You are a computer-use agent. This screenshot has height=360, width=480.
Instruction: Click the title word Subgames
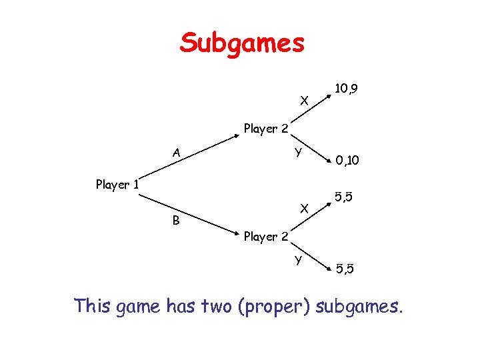(242, 44)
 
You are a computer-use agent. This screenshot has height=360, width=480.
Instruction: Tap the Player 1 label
(117, 184)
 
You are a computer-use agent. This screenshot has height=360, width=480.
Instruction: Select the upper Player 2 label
(266, 128)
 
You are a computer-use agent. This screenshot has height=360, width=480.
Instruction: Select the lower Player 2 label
(266, 236)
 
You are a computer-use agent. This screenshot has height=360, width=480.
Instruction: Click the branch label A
(176, 152)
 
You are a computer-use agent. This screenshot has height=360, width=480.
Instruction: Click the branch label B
(176, 221)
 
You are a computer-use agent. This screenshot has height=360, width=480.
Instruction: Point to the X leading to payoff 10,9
(304, 101)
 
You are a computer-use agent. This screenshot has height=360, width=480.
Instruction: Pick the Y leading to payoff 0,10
(300, 152)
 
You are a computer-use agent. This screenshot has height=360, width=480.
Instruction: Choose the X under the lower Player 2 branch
(304, 208)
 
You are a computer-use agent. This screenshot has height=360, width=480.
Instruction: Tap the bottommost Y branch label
(300, 259)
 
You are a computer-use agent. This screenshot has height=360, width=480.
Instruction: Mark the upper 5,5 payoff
(344, 197)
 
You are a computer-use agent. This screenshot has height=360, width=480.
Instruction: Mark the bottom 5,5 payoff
(345, 269)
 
